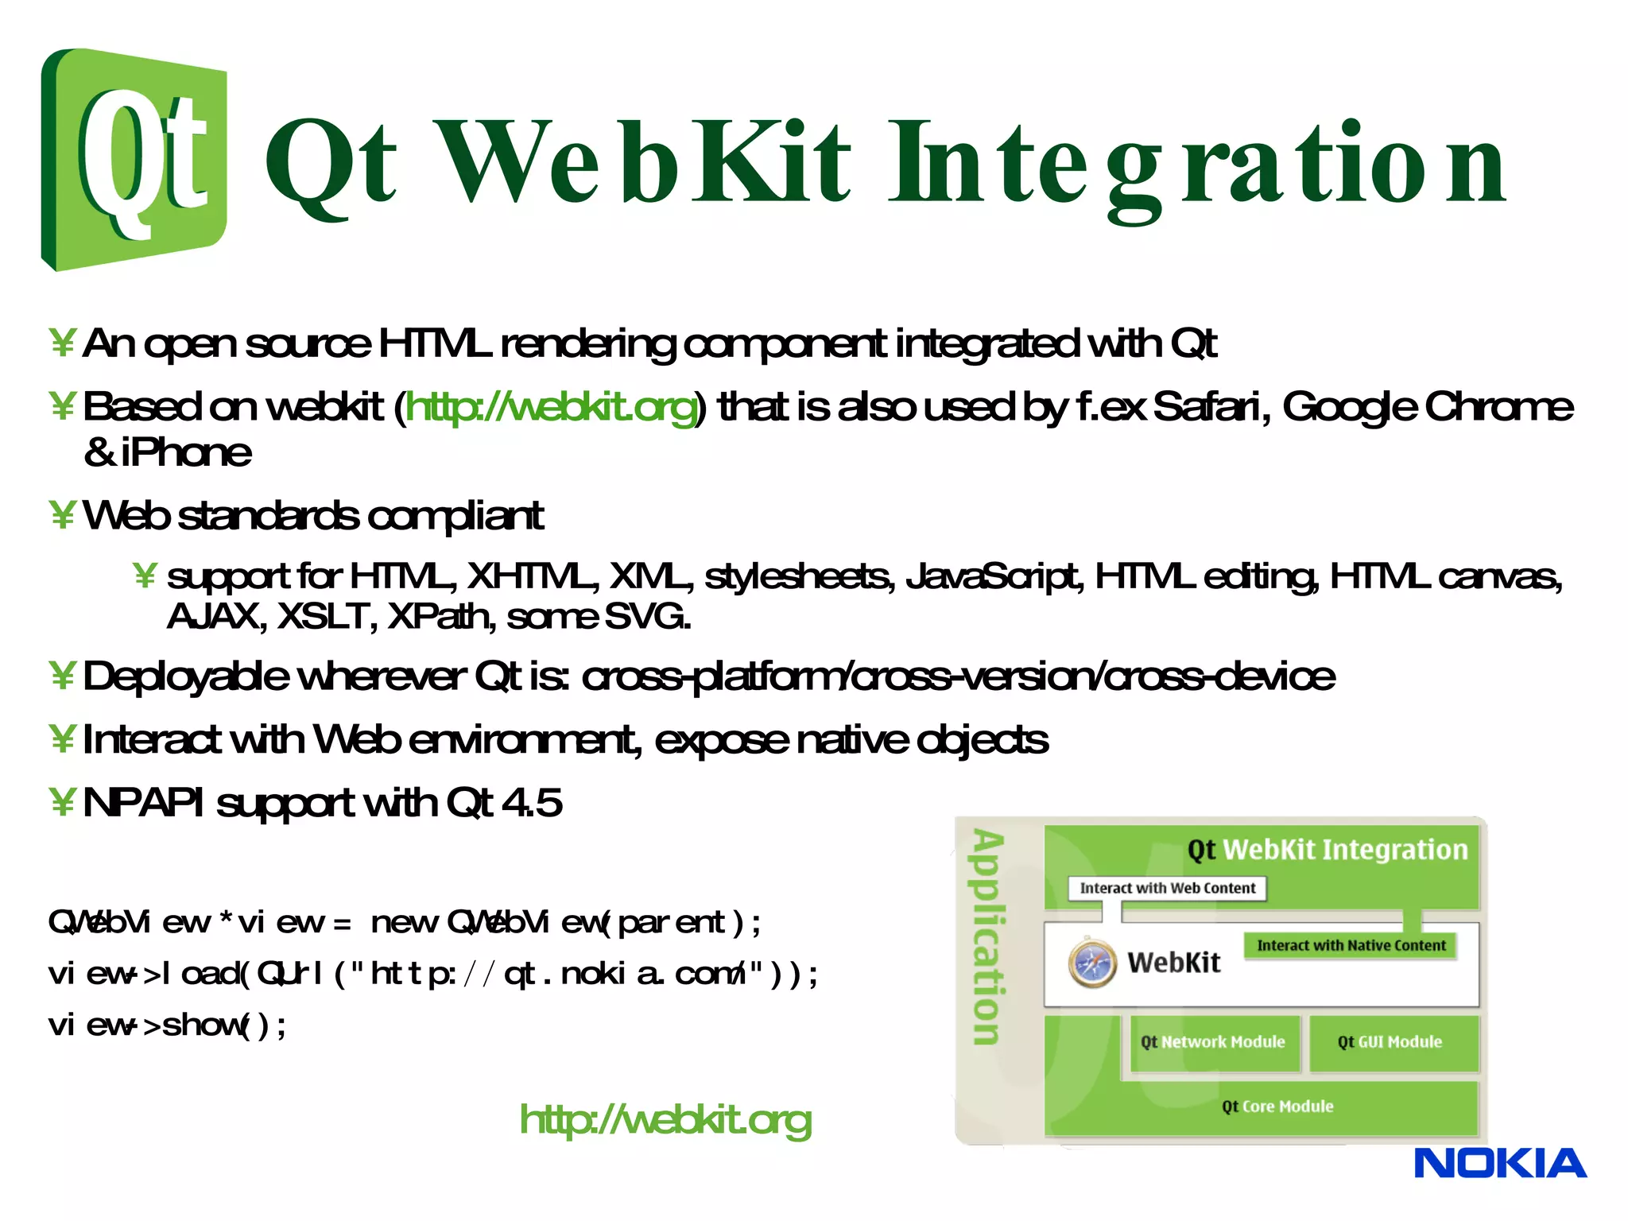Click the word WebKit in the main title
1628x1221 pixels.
(x=644, y=163)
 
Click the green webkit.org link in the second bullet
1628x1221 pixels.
(x=551, y=407)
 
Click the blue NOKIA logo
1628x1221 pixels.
(x=1499, y=1164)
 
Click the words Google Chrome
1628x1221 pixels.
(x=1427, y=407)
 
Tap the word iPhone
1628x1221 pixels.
(x=187, y=453)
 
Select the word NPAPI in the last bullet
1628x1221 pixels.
(x=143, y=803)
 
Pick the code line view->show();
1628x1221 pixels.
(x=167, y=1025)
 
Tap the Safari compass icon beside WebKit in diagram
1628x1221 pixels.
(x=1092, y=963)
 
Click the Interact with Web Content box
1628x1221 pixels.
(x=1167, y=888)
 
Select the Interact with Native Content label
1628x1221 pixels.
(x=1351, y=945)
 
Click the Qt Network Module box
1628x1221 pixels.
(x=1214, y=1042)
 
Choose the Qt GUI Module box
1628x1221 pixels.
(x=1390, y=1042)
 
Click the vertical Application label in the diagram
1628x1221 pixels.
(x=988, y=938)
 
